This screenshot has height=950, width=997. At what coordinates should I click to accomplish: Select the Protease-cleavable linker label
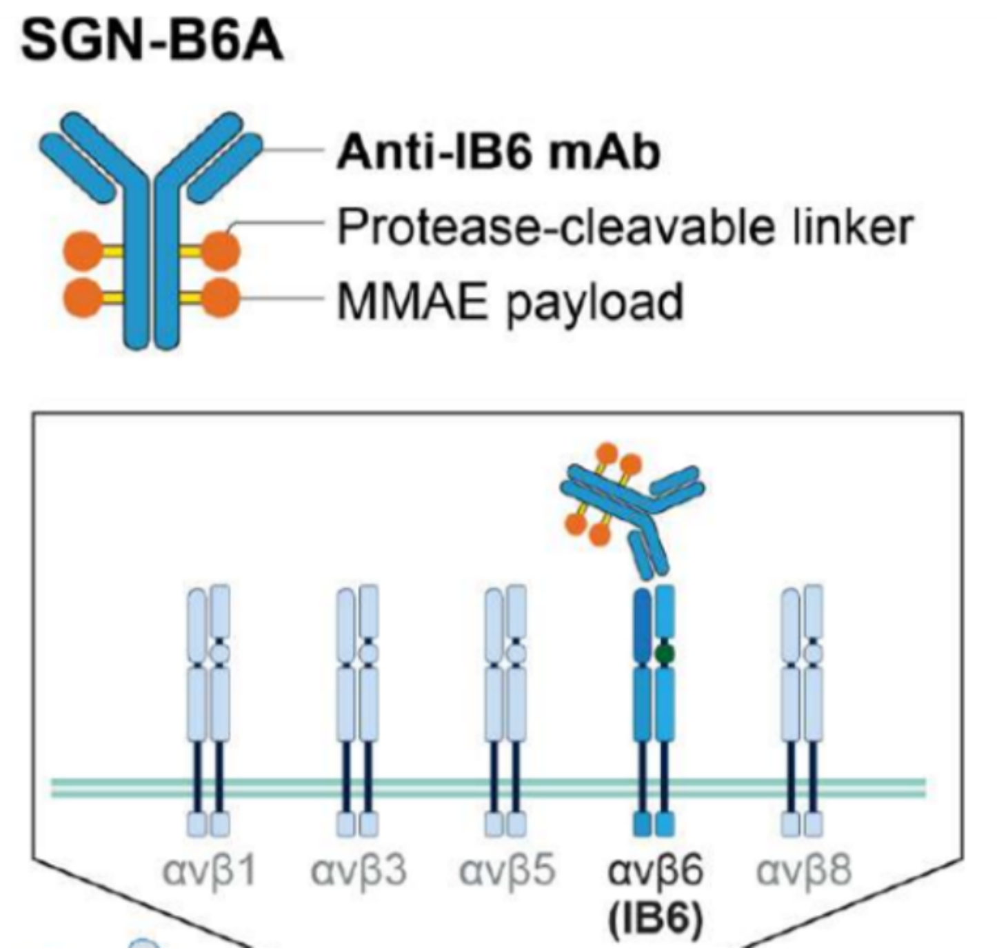pos(625,228)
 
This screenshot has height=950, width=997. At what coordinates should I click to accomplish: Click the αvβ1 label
pos(209,871)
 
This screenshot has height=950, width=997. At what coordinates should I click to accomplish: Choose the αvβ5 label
pos(507,871)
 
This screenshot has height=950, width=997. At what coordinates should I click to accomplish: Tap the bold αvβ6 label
pos(655,871)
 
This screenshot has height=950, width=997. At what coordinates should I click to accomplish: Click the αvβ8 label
pos(803,871)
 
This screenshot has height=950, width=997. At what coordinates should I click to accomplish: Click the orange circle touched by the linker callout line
pos(221,250)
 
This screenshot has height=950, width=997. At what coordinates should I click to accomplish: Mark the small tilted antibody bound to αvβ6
pos(632,512)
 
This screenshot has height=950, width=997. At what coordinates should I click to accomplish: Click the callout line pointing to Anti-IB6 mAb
pos(292,151)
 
